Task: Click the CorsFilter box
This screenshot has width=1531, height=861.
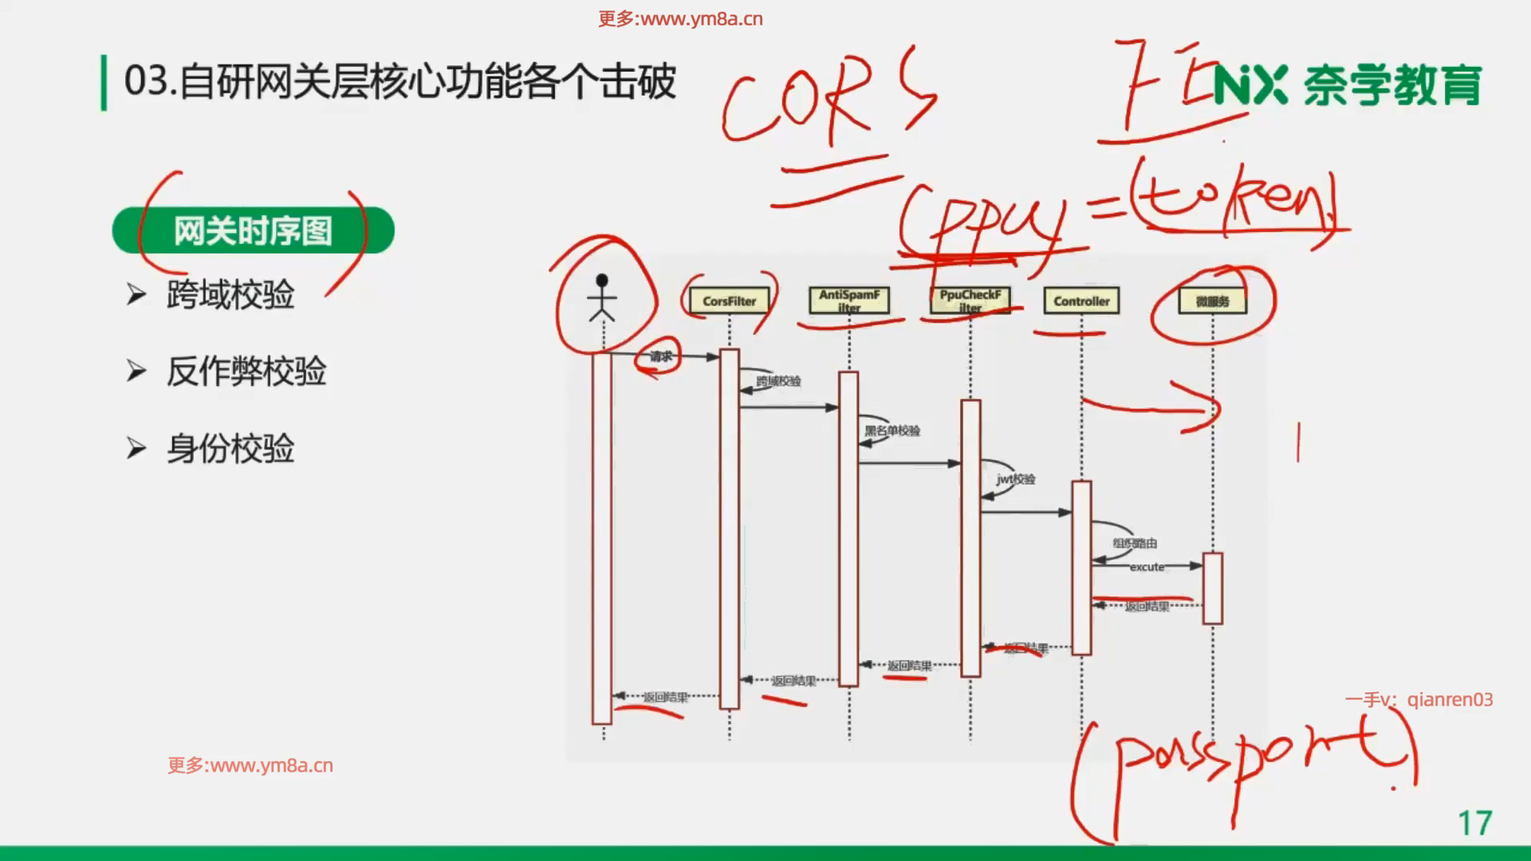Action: (x=729, y=301)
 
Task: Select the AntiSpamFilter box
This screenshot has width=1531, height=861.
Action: (x=848, y=301)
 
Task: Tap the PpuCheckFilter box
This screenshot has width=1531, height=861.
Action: (x=970, y=301)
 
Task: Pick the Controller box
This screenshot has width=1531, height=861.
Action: (x=1081, y=301)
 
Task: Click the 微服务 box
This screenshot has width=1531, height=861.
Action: (x=1212, y=301)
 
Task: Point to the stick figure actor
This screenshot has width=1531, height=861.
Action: (x=602, y=298)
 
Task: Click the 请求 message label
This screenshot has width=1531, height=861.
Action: (x=661, y=356)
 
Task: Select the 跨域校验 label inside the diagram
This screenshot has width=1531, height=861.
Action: (x=778, y=381)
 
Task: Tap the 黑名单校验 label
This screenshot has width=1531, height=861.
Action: (x=892, y=431)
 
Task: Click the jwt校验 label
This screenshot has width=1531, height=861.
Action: (x=1015, y=479)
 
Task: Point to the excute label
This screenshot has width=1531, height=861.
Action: (x=1147, y=567)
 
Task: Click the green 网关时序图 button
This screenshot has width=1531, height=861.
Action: (x=253, y=231)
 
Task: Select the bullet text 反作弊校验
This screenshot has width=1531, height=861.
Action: (x=246, y=372)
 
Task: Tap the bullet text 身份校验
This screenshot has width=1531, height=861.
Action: (x=230, y=449)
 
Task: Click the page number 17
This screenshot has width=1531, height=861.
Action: (x=1474, y=823)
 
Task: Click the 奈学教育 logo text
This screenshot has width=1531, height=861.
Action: (x=1392, y=85)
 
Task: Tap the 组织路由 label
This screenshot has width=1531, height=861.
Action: (x=1135, y=543)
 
